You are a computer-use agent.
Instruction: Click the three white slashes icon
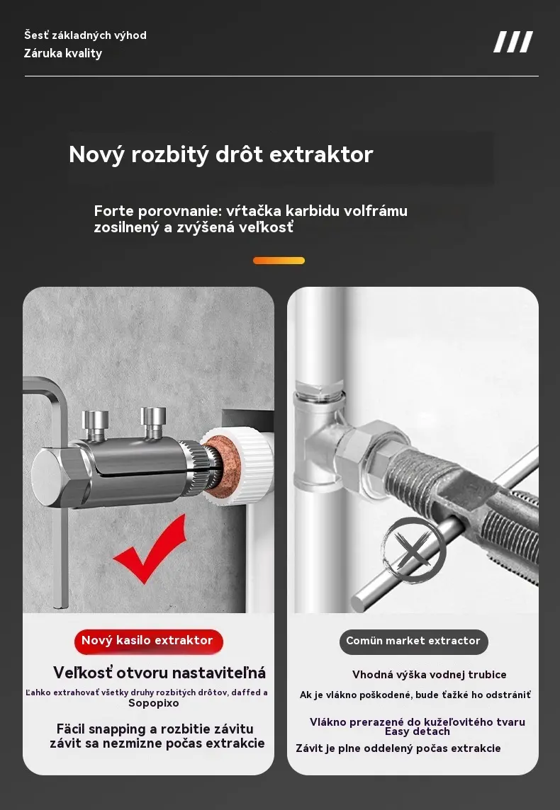click(x=513, y=42)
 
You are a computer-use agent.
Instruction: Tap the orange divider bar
click(x=279, y=261)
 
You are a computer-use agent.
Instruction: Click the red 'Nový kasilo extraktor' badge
click(x=148, y=641)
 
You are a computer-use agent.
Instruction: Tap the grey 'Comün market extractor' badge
click(x=414, y=641)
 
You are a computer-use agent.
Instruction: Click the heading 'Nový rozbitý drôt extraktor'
click(x=220, y=154)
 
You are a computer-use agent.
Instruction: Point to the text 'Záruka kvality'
click(x=63, y=53)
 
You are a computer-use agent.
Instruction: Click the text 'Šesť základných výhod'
click(x=85, y=35)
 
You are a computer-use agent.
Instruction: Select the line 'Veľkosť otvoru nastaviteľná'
click(x=159, y=673)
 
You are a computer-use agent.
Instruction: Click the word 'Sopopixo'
click(x=154, y=703)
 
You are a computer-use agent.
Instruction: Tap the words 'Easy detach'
click(x=418, y=731)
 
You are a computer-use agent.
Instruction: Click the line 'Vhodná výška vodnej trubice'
click(x=429, y=675)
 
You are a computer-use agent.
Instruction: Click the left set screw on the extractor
click(x=95, y=425)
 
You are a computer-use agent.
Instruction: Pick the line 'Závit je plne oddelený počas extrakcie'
click(x=398, y=748)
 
